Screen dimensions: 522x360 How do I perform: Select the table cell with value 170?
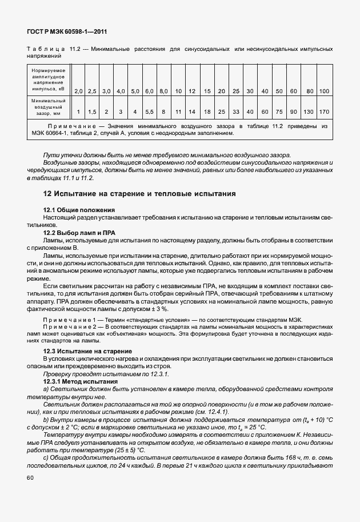[324, 112]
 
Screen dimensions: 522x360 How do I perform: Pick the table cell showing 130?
[309, 112]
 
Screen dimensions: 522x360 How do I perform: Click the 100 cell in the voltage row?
[324, 91]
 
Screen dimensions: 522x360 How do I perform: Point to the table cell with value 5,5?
[149, 112]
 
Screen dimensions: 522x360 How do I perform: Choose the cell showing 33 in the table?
[235, 112]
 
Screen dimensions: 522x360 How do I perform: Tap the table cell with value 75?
[279, 112]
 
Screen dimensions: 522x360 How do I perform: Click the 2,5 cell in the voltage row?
[92, 91]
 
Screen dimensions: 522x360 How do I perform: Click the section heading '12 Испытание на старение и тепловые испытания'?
[139, 194]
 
